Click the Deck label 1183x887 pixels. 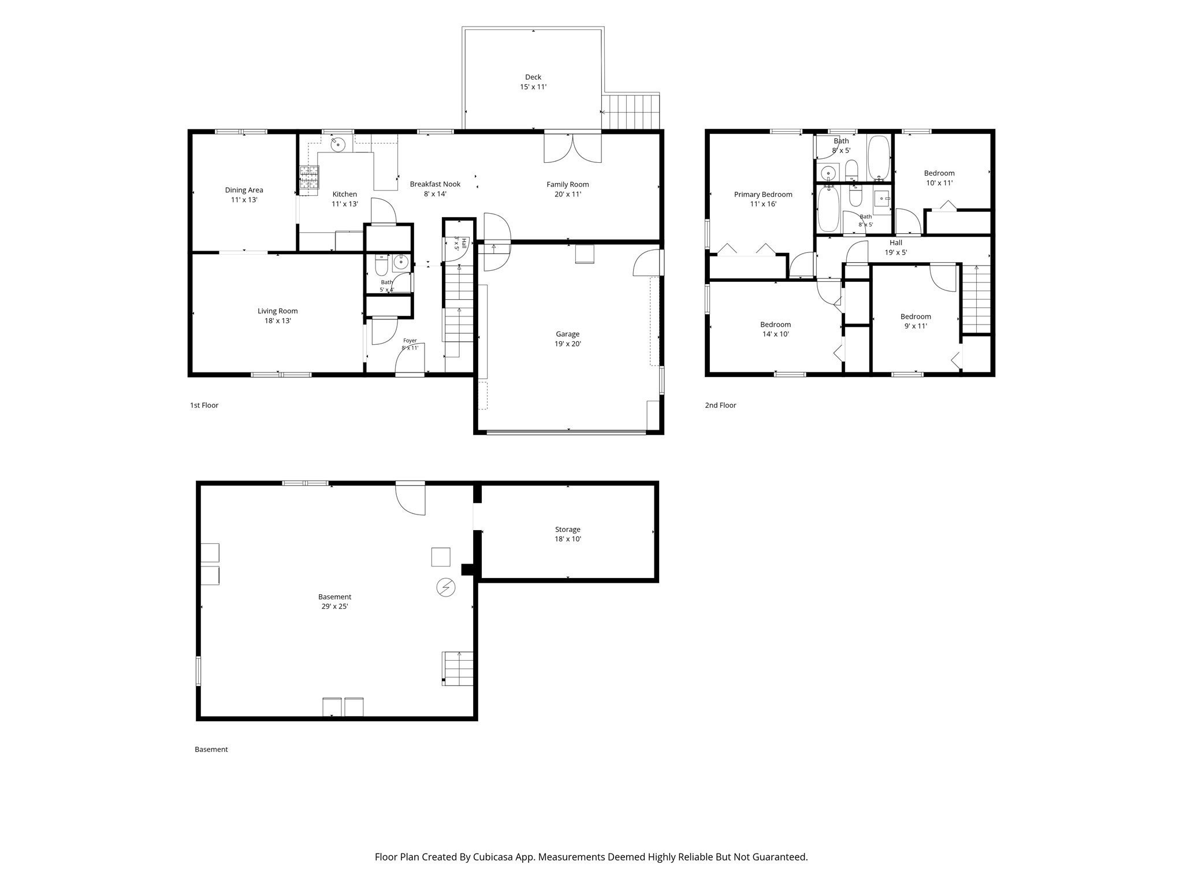click(x=533, y=77)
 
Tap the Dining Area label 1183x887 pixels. click(x=244, y=190)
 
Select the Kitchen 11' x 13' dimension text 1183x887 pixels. click(x=345, y=204)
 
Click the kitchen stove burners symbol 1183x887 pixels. click(x=309, y=177)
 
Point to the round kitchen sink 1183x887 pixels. click(x=337, y=143)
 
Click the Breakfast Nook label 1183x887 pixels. click(x=435, y=184)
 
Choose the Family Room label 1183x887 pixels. click(x=568, y=185)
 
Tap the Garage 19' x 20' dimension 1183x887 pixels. click(x=568, y=344)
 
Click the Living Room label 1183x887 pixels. click(x=278, y=311)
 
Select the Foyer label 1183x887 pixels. click(x=410, y=341)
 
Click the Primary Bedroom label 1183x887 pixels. click(x=763, y=195)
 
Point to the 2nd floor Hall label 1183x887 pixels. click(x=896, y=243)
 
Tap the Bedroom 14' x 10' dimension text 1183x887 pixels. click(x=775, y=334)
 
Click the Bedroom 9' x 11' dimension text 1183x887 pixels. click(x=916, y=326)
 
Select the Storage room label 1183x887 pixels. click(x=568, y=530)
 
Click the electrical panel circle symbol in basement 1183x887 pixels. click(x=446, y=587)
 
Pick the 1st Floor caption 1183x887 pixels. click(x=204, y=405)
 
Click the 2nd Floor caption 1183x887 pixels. click(x=720, y=405)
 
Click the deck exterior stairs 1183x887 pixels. click(x=630, y=112)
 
